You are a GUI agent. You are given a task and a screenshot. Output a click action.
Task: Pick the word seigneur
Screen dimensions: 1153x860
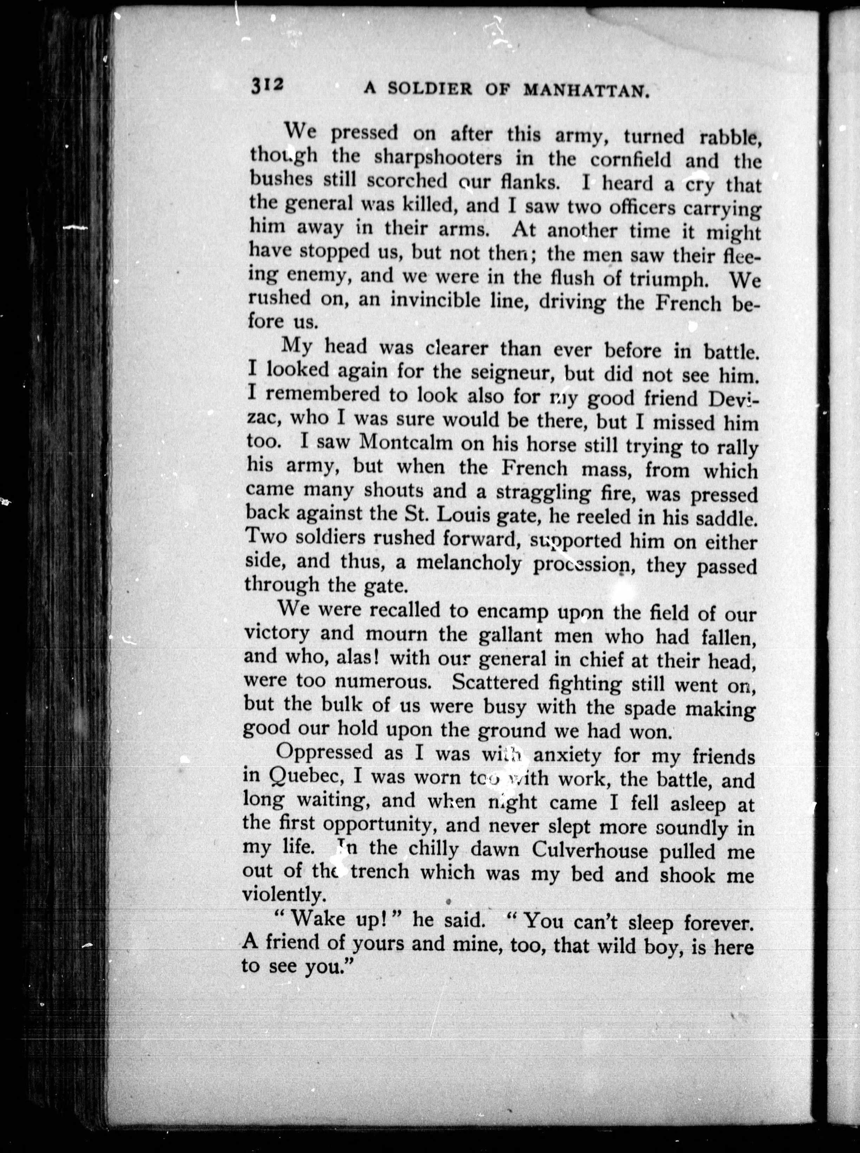[x=508, y=373]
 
